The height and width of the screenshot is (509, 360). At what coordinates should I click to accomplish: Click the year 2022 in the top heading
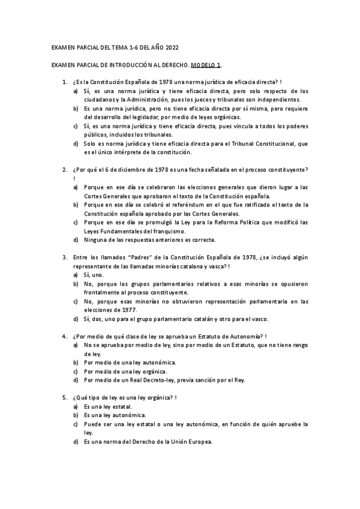pyautogui.click(x=169, y=47)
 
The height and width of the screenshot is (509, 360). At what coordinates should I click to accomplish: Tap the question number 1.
pyautogui.click(x=64, y=82)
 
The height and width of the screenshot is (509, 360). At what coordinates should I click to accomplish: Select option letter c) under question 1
pyautogui.click(x=76, y=127)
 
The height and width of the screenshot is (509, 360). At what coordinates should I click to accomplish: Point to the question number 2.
pyautogui.click(x=64, y=170)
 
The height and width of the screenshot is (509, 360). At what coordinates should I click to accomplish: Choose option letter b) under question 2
pyautogui.click(x=76, y=205)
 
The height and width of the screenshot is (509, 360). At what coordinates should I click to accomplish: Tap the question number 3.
pyautogui.click(x=64, y=258)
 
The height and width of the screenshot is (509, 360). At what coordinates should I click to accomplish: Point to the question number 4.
pyautogui.click(x=64, y=337)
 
